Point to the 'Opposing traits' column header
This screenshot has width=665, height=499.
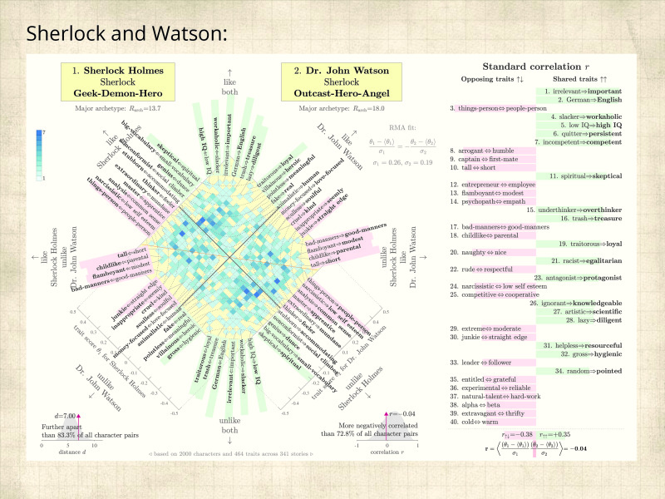tap(493, 78)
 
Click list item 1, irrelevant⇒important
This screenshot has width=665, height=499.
tap(589, 90)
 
